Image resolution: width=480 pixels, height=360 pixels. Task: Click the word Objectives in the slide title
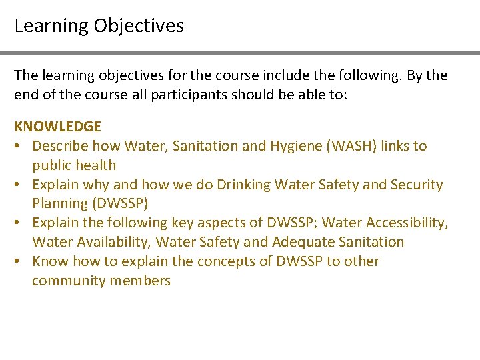tap(139, 26)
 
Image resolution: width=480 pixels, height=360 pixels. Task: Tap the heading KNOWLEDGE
tap(58, 126)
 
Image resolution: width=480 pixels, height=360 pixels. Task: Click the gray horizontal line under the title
tap(240, 53)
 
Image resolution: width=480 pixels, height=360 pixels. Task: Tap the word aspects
tap(222, 223)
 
